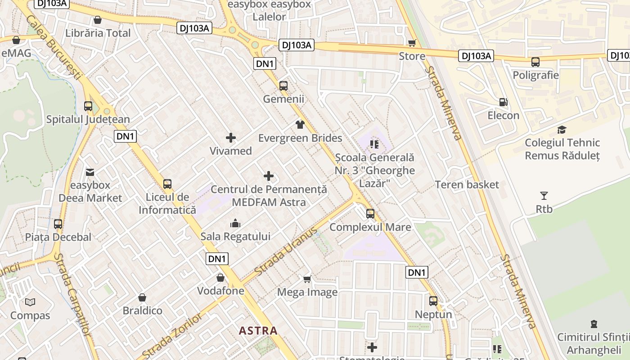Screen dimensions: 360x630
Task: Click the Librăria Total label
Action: [x=98, y=33]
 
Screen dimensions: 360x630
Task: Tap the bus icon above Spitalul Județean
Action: [x=88, y=106]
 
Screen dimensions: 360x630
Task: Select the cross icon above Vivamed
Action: [x=231, y=138]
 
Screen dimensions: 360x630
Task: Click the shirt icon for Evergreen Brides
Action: [x=300, y=124]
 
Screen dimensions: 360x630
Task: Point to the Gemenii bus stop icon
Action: [x=283, y=85]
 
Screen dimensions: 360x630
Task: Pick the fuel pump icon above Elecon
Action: [x=504, y=102]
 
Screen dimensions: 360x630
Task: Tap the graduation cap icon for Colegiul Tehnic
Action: [x=562, y=130]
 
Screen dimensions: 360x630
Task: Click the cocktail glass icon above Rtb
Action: [x=544, y=196]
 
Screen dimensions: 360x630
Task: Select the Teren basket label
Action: [x=467, y=184]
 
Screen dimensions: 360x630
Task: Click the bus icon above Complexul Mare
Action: [x=370, y=214]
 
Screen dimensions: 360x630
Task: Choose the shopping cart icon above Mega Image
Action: [x=307, y=279]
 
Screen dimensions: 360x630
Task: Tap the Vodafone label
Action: [x=220, y=291]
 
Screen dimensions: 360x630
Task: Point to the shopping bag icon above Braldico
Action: [x=142, y=297]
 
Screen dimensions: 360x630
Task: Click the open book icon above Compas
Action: [x=30, y=302]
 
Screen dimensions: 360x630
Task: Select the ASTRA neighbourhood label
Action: [x=258, y=331]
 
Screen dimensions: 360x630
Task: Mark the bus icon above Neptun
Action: [x=433, y=301]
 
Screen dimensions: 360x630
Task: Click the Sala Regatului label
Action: [x=235, y=236]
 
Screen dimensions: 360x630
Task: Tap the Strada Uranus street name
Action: [x=286, y=252]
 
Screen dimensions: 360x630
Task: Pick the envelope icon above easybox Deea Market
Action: [x=90, y=172]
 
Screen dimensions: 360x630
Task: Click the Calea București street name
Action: [x=54, y=47]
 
